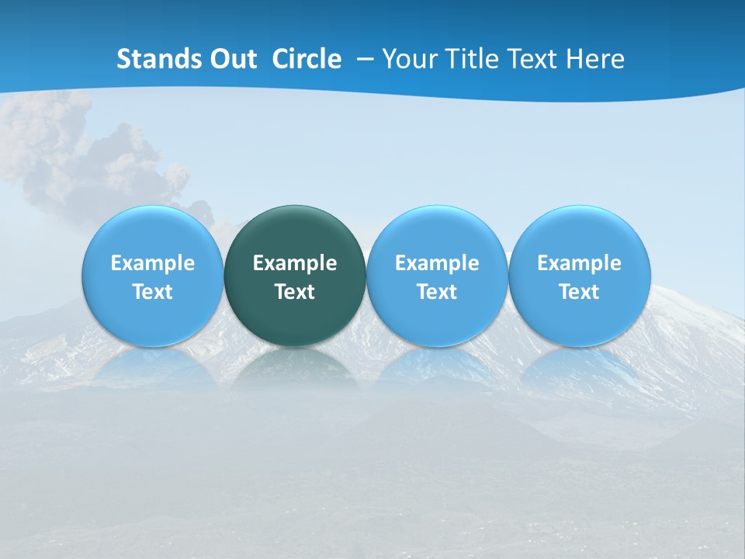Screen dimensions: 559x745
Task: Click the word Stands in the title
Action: (x=155, y=59)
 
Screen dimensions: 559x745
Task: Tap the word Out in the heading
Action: (x=231, y=59)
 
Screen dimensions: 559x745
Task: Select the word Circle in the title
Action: (x=307, y=59)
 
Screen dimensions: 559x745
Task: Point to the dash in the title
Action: (x=362, y=60)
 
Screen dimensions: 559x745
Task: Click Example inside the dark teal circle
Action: (x=295, y=263)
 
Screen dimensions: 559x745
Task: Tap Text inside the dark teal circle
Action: (x=295, y=292)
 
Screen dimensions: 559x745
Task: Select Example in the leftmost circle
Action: (x=153, y=263)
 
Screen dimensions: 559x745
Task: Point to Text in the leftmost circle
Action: (x=153, y=292)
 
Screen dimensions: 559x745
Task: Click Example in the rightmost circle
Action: (x=579, y=263)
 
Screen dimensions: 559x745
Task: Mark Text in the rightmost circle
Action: (x=579, y=292)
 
